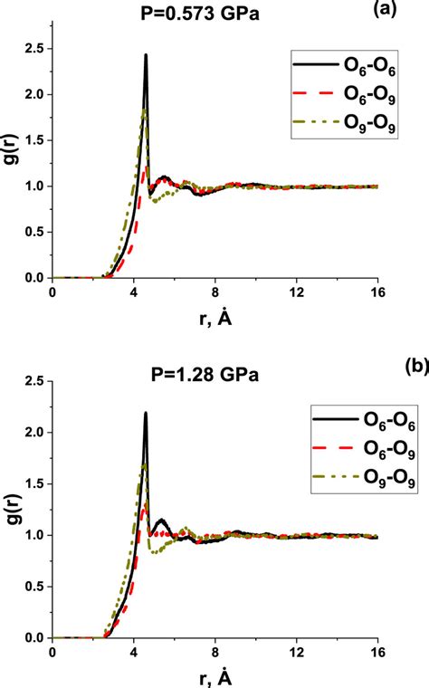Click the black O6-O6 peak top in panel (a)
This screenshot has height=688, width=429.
pos(146,55)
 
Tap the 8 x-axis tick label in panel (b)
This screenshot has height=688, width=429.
pos(215,651)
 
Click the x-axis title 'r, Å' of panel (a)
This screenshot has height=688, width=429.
pos(215,318)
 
